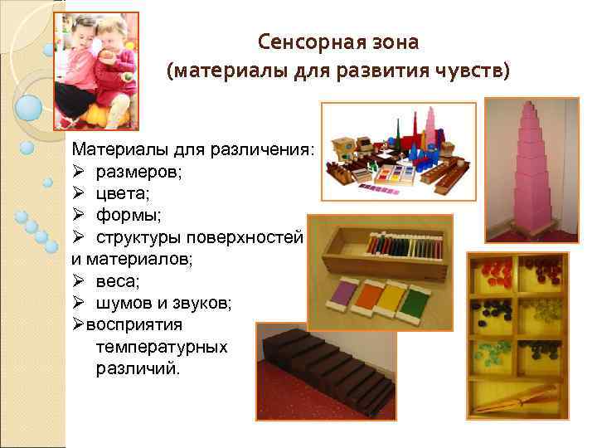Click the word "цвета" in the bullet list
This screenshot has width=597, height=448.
[119, 193]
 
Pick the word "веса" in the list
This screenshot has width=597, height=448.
[116, 280]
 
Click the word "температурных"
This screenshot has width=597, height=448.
[161, 346]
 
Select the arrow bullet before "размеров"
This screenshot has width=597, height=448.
[79, 172]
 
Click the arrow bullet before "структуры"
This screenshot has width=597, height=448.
[79, 237]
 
